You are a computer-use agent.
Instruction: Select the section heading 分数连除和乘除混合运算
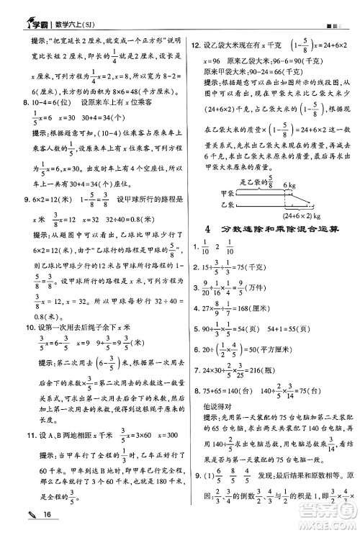tap(276, 229)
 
